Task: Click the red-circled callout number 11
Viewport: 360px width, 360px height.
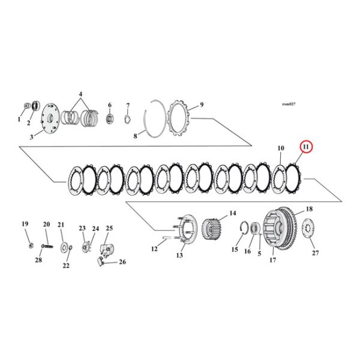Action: pos(306,146)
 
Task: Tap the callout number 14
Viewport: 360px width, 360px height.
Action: pos(232,213)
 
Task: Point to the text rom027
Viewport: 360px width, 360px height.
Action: pos(289,104)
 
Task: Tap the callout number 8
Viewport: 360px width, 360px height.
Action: pos(136,137)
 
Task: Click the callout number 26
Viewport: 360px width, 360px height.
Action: pos(122,262)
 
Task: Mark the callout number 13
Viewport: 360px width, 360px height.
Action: pos(179,255)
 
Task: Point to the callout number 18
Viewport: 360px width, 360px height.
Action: pos(310,209)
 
